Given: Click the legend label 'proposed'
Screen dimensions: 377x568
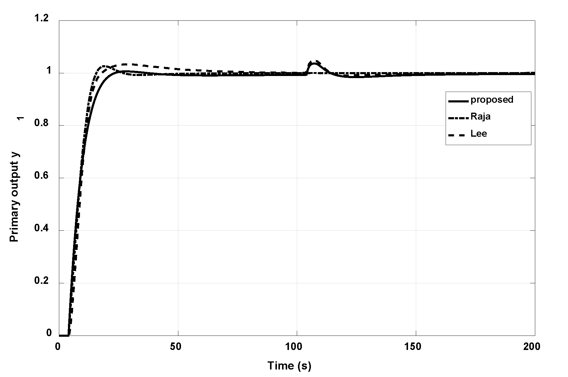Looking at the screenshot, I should [x=492, y=100].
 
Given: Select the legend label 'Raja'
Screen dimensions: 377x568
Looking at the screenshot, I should [x=480, y=117].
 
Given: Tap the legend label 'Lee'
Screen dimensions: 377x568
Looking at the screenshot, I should [x=479, y=133].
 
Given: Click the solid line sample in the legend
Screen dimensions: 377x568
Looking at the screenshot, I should [x=458, y=101].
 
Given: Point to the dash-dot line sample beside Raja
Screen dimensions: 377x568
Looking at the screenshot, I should [x=458, y=118].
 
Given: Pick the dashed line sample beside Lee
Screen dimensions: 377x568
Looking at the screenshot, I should [x=458, y=135].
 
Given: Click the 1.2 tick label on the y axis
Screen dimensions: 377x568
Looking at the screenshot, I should [x=41, y=19].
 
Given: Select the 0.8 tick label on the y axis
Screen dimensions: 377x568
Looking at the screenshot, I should [x=41, y=125].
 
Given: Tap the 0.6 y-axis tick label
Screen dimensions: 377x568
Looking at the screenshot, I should [x=41, y=178].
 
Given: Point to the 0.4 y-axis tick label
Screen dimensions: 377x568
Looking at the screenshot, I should [x=41, y=230].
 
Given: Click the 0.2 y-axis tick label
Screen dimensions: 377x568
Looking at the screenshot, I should [x=41, y=283].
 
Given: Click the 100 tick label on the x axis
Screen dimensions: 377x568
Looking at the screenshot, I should [x=297, y=347].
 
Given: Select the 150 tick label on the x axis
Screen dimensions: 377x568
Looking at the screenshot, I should [x=416, y=347].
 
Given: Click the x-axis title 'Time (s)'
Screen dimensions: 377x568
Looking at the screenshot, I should [x=289, y=366].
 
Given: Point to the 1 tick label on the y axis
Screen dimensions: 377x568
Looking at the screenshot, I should [x=49, y=73].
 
